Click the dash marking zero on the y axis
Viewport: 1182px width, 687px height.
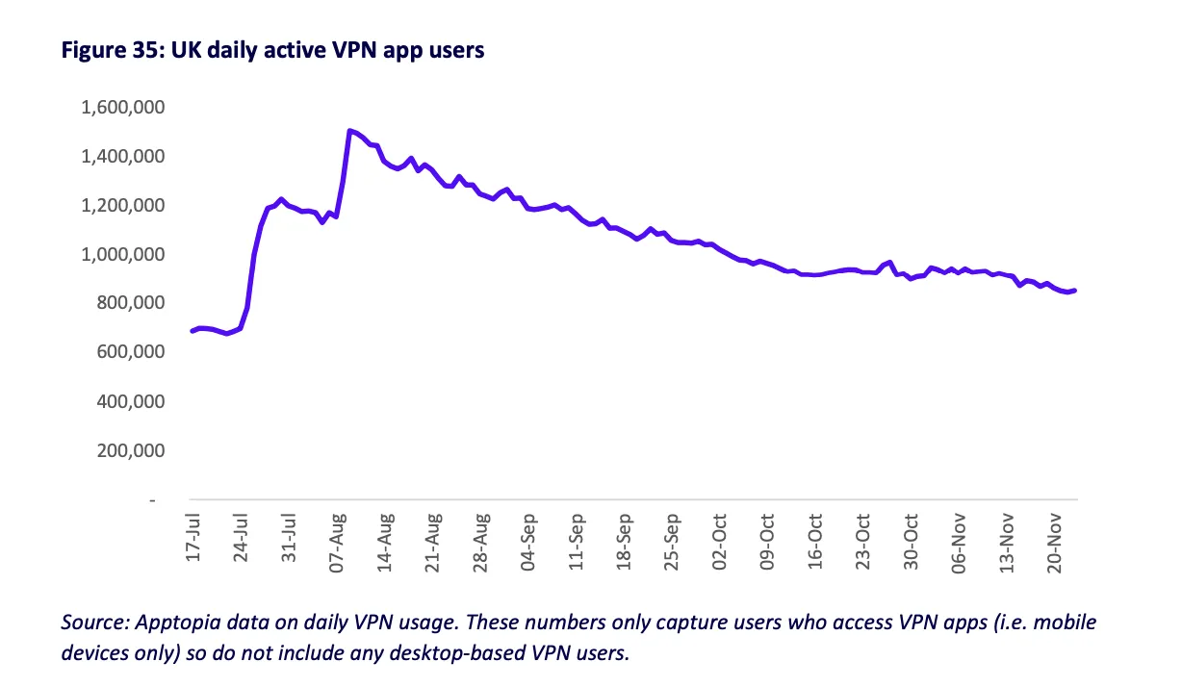coord(151,500)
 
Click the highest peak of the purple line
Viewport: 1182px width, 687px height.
coord(348,130)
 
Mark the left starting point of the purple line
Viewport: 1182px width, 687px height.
coord(193,331)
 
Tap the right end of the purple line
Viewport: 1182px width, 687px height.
coord(1075,290)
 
